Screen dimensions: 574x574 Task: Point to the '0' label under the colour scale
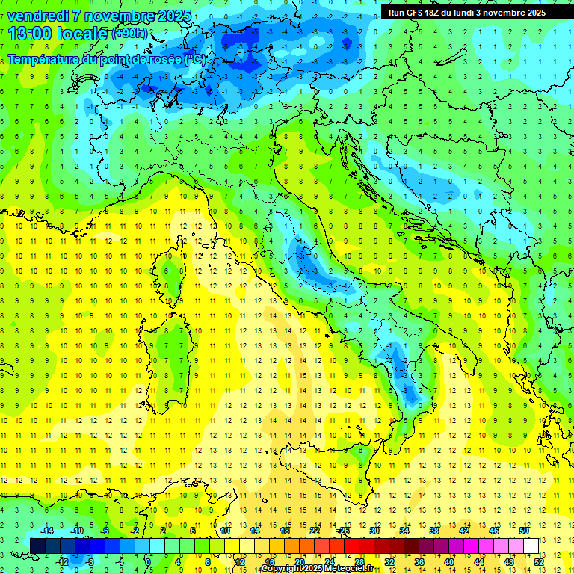[147, 561]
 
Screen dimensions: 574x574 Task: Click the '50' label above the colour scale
[523, 531]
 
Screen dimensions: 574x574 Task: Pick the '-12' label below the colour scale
[62, 561]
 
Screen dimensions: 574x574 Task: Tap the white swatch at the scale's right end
[531, 546]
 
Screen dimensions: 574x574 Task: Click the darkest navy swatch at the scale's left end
[37, 546]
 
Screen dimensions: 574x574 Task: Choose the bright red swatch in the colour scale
[351, 546]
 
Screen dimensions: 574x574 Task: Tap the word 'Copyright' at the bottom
[283, 569]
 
